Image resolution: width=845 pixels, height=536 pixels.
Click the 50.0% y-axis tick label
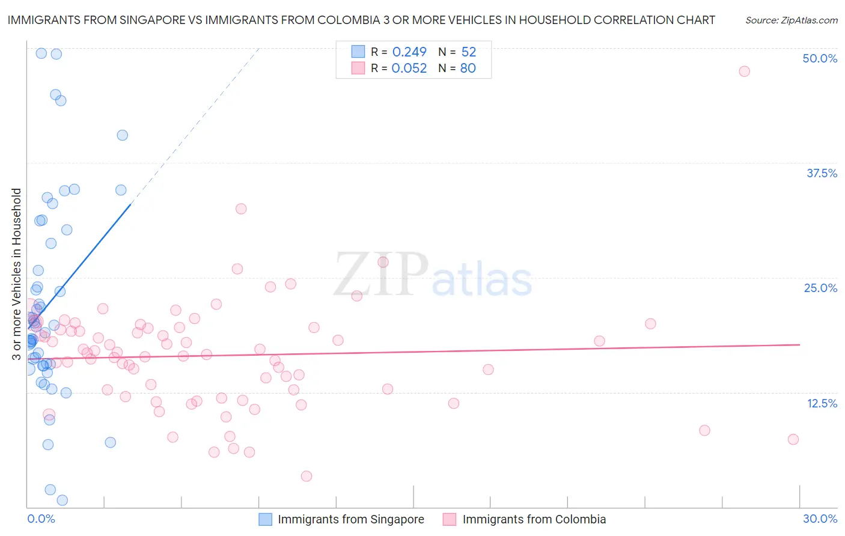coord(820,58)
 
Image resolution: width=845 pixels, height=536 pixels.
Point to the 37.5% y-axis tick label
coord(822,173)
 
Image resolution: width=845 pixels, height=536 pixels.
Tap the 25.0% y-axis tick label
coord(820,288)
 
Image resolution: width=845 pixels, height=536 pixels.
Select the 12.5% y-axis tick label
coord(822,403)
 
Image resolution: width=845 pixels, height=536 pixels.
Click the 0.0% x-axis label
coord(41,519)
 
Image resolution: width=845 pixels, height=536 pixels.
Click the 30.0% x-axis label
coord(820,519)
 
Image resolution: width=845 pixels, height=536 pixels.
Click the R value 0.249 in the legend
coord(409,52)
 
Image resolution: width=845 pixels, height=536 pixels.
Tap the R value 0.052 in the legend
coord(409,69)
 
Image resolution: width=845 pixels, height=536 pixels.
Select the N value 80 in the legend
coord(468,69)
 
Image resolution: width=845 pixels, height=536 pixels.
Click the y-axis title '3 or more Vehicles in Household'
coord(17,274)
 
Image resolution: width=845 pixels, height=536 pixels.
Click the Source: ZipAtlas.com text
coord(791,20)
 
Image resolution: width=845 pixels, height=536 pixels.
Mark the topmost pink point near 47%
coord(744,72)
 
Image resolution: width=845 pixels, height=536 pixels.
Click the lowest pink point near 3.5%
coord(307,476)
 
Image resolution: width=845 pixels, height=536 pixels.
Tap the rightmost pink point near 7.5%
coord(793,439)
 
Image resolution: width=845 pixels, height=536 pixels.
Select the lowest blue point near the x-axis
coord(62,500)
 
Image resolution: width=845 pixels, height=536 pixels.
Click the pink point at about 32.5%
coord(241,209)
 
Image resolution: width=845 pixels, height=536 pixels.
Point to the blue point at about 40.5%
coord(122,135)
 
